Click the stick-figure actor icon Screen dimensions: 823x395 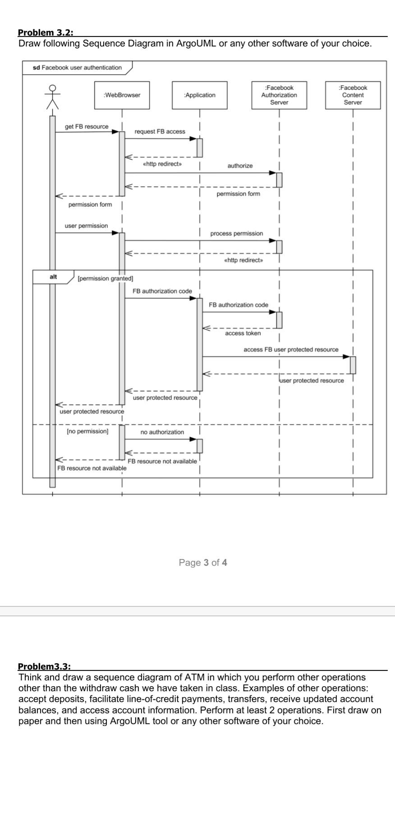coord(52,97)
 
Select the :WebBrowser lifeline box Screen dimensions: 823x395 coord(122,95)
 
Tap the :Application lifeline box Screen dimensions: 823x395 coord(200,95)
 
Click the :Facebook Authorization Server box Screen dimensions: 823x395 coord(279,95)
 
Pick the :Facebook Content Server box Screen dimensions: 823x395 coord(353,95)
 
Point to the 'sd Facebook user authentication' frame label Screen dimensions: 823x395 coord(78,68)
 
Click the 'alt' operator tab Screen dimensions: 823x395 coord(53,277)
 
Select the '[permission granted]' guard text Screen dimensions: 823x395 coord(106,278)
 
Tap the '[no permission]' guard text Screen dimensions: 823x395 coord(87,431)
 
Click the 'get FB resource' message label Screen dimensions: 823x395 coord(87,127)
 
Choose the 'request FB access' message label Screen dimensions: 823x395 coord(160,132)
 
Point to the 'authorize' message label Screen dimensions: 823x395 coord(240,166)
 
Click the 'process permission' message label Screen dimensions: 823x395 coord(236,234)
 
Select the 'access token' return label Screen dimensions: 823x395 coord(243,333)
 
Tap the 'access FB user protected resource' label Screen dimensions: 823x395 coord(291,350)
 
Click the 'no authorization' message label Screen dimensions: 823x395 coord(162,432)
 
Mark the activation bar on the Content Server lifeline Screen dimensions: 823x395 coord(353,365)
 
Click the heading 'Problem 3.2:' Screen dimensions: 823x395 coord(46,32)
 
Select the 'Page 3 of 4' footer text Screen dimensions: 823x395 coord(203,563)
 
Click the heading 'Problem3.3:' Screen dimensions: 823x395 coord(45,666)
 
